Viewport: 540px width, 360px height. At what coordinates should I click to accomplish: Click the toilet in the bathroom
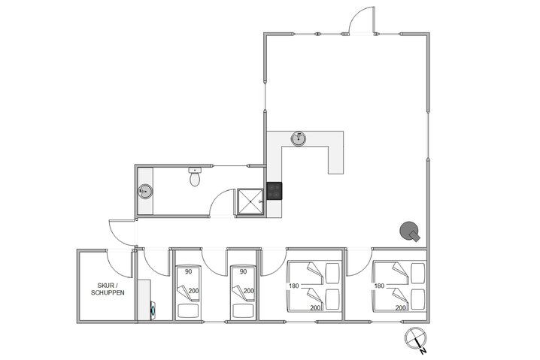click(x=195, y=179)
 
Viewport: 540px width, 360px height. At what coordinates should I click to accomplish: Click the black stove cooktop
click(x=275, y=192)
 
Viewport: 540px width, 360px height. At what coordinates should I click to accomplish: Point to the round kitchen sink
click(x=301, y=138)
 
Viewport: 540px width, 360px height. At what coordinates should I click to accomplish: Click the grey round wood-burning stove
click(x=409, y=231)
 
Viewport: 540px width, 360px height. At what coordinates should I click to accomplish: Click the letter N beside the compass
click(x=424, y=351)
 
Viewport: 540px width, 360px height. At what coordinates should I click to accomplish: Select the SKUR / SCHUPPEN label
click(x=111, y=289)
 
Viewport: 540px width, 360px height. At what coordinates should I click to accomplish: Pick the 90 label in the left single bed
click(x=188, y=271)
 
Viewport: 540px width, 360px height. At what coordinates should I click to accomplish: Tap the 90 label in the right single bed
click(x=242, y=271)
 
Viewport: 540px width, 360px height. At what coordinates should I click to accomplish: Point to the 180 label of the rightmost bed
click(x=380, y=286)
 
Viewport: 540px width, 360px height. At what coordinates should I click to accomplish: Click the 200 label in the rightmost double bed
click(x=401, y=307)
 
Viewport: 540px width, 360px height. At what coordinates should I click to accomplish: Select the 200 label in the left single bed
click(x=193, y=292)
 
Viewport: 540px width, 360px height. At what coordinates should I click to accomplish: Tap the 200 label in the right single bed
click(x=247, y=292)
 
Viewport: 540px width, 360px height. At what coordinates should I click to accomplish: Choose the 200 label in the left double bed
click(x=316, y=307)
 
